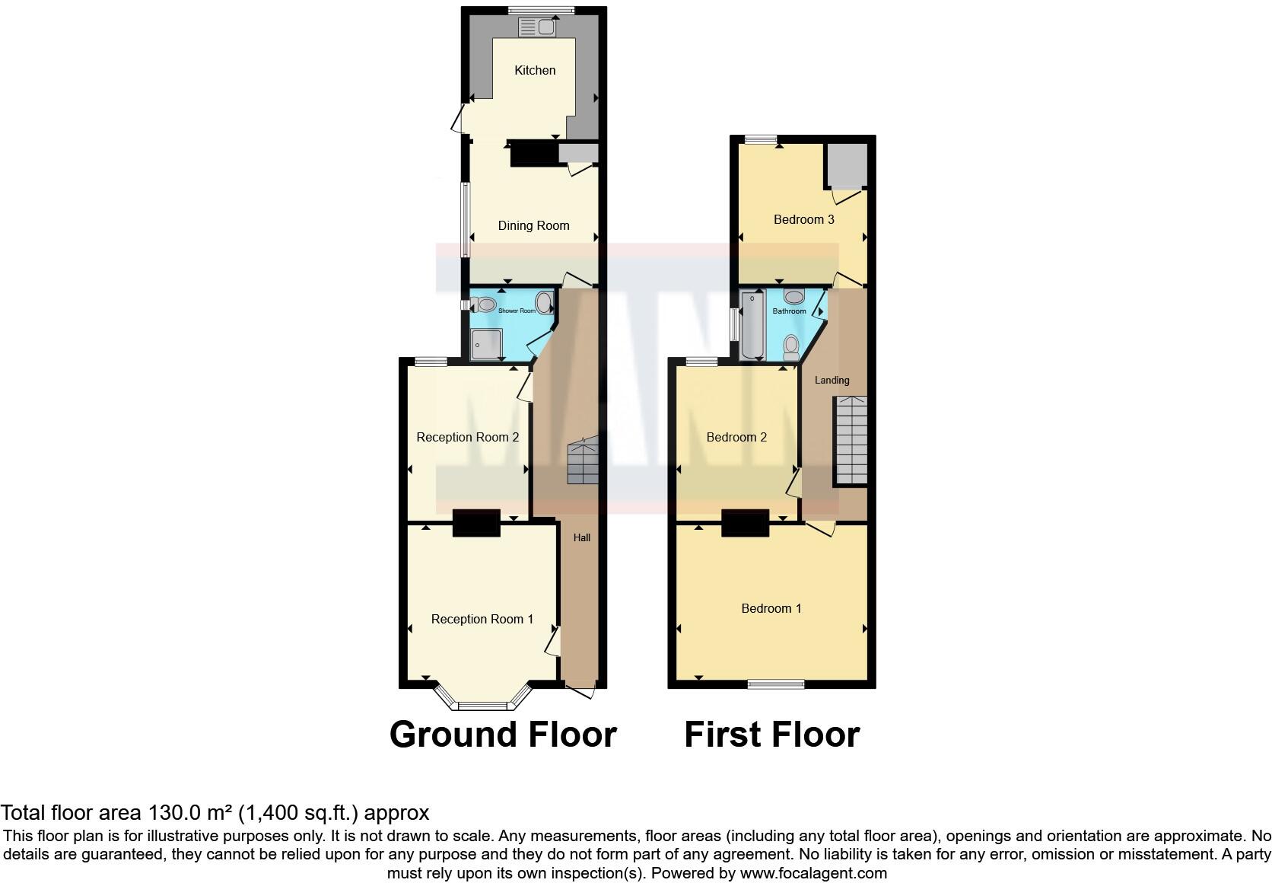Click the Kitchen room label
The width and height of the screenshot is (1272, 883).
(x=535, y=70)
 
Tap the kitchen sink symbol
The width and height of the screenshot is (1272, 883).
(x=537, y=27)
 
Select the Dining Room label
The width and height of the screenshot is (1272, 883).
(x=533, y=225)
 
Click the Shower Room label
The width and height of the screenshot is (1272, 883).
(x=517, y=311)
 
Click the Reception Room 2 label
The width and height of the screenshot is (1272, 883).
(x=467, y=437)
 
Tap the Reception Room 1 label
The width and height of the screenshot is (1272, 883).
(x=482, y=619)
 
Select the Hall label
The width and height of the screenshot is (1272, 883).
(x=582, y=537)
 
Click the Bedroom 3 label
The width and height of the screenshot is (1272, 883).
(x=803, y=219)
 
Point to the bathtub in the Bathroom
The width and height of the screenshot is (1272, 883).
(x=754, y=325)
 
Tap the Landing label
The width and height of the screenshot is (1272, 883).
(x=832, y=380)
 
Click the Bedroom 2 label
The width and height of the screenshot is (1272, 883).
(x=736, y=437)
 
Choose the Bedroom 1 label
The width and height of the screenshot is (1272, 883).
(x=771, y=608)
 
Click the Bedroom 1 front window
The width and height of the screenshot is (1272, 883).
(x=775, y=684)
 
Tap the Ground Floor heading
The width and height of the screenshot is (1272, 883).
(x=503, y=735)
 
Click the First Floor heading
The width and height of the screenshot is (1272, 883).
(x=771, y=735)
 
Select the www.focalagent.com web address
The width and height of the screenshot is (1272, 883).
(x=813, y=873)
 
